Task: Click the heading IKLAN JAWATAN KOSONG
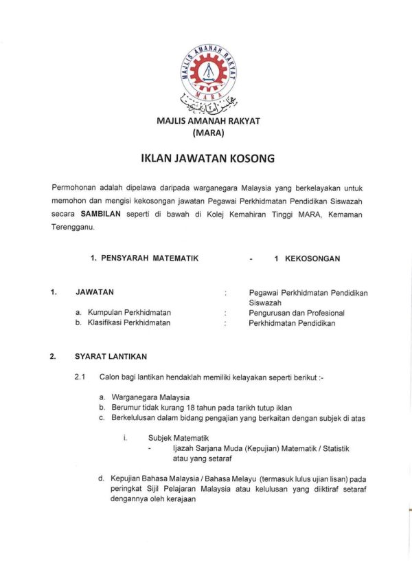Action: click(207, 159)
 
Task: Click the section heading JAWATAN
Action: click(95, 292)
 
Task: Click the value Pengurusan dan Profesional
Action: click(297, 313)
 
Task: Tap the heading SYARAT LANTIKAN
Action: click(111, 357)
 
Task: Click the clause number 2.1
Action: click(80, 377)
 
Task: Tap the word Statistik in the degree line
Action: click(333, 448)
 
